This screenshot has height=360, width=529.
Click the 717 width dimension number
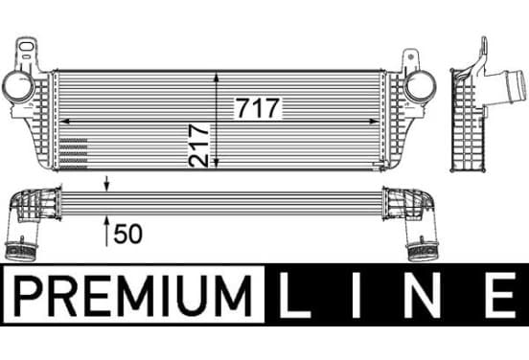(258, 108)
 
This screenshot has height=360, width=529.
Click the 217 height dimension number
(199, 146)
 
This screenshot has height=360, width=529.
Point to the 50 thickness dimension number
(127, 234)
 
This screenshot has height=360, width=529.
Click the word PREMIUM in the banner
(133, 296)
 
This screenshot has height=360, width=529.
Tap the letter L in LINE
(294, 296)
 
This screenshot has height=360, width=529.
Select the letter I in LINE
(356, 296)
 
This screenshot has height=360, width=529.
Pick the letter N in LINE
(423, 296)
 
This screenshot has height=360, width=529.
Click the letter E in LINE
(500, 296)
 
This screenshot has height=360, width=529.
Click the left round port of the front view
(18, 86)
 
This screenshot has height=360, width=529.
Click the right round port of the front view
(420, 86)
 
